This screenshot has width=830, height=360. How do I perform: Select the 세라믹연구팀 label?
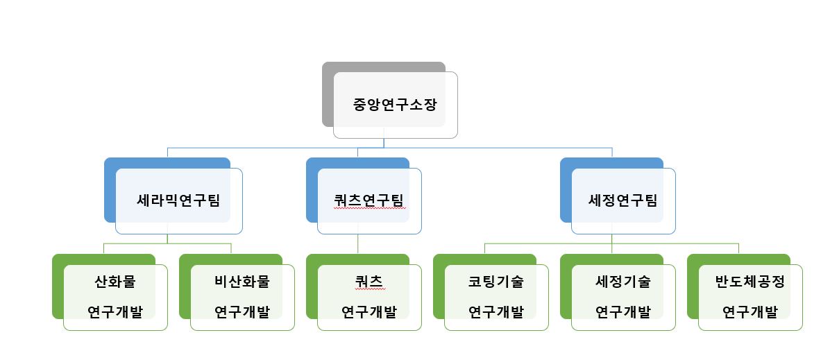[x=178, y=200]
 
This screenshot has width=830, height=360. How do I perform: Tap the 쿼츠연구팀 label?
[x=368, y=200]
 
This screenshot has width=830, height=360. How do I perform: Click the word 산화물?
[x=115, y=282]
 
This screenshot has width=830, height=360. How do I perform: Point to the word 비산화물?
[x=242, y=282]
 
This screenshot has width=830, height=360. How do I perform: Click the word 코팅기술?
[x=496, y=282]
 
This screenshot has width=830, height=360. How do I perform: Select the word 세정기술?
[x=622, y=282]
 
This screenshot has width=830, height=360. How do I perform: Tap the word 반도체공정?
[x=749, y=282]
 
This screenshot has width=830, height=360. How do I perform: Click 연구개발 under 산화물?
[x=115, y=311]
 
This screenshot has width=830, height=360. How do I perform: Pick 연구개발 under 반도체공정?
[x=749, y=311]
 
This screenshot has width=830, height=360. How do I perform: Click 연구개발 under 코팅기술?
[x=496, y=311]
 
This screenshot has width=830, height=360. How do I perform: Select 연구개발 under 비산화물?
[x=242, y=311]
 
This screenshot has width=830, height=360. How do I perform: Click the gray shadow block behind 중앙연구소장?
[x=328, y=97]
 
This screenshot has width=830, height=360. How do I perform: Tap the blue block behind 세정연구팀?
[x=566, y=194]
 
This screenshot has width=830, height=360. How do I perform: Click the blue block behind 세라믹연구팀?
[x=110, y=194]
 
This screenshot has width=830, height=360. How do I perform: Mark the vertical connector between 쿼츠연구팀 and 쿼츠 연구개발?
[x=358, y=244]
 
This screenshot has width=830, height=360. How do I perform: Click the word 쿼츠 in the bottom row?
[x=369, y=282]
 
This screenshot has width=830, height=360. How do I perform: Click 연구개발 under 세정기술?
[x=622, y=311]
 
